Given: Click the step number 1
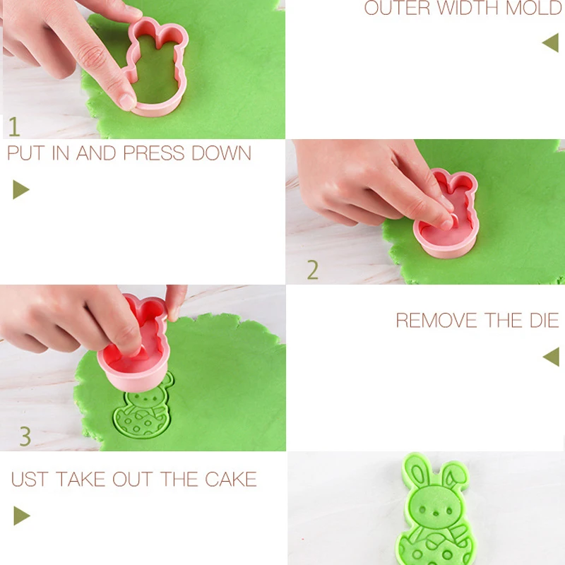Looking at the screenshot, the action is click(14, 126).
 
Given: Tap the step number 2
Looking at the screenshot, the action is click(313, 270).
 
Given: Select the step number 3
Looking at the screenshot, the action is click(25, 436).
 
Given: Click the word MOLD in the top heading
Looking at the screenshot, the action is click(535, 8).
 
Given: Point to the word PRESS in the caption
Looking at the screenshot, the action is click(154, 153).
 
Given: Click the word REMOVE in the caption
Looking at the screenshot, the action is click(436, 320).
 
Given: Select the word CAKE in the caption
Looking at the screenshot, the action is click(231, 480).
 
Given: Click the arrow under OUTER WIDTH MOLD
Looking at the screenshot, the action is click(552, 42).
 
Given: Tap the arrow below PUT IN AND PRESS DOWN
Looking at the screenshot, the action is click(20, 189).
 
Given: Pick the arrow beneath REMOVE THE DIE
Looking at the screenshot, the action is click(552, 357).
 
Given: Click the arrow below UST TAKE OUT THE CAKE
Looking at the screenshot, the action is click(21, 516).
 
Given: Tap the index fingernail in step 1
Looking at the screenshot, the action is click(127, 102).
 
